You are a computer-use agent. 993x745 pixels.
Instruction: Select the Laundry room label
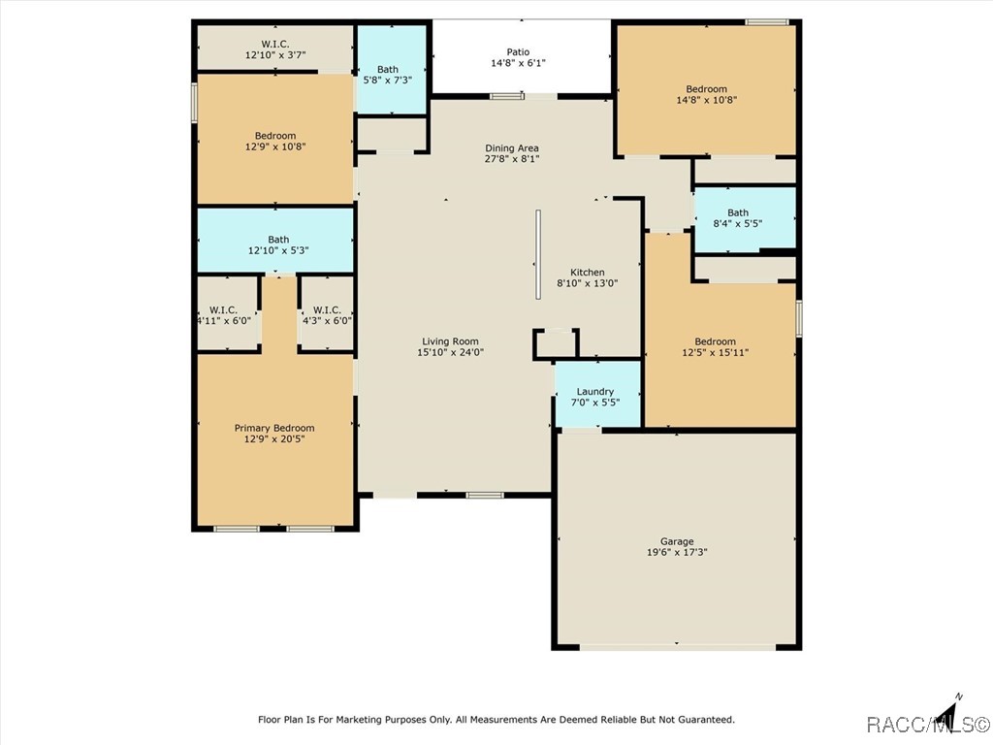click(x=595, y=392)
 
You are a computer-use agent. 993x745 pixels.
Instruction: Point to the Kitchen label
click(x=587, y=273)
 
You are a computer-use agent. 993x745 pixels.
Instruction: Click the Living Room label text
click(x=451, y=340)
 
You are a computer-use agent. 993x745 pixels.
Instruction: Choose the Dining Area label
click(x=512, y=148)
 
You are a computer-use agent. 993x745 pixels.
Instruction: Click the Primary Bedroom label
click(x=274, y=428)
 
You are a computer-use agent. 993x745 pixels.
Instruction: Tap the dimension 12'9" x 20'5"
click(x=274, y=440)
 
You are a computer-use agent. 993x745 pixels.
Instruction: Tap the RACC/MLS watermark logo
click(x=926, y=725)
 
